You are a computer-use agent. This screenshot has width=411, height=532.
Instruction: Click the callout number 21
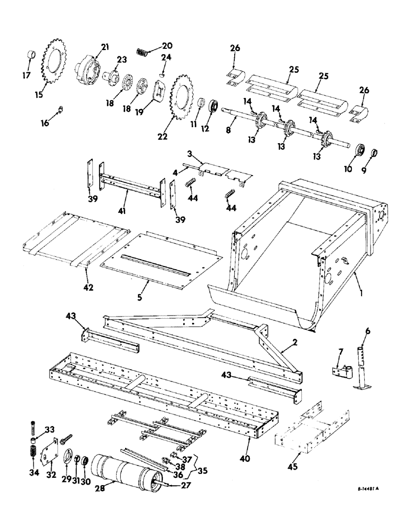104,47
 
